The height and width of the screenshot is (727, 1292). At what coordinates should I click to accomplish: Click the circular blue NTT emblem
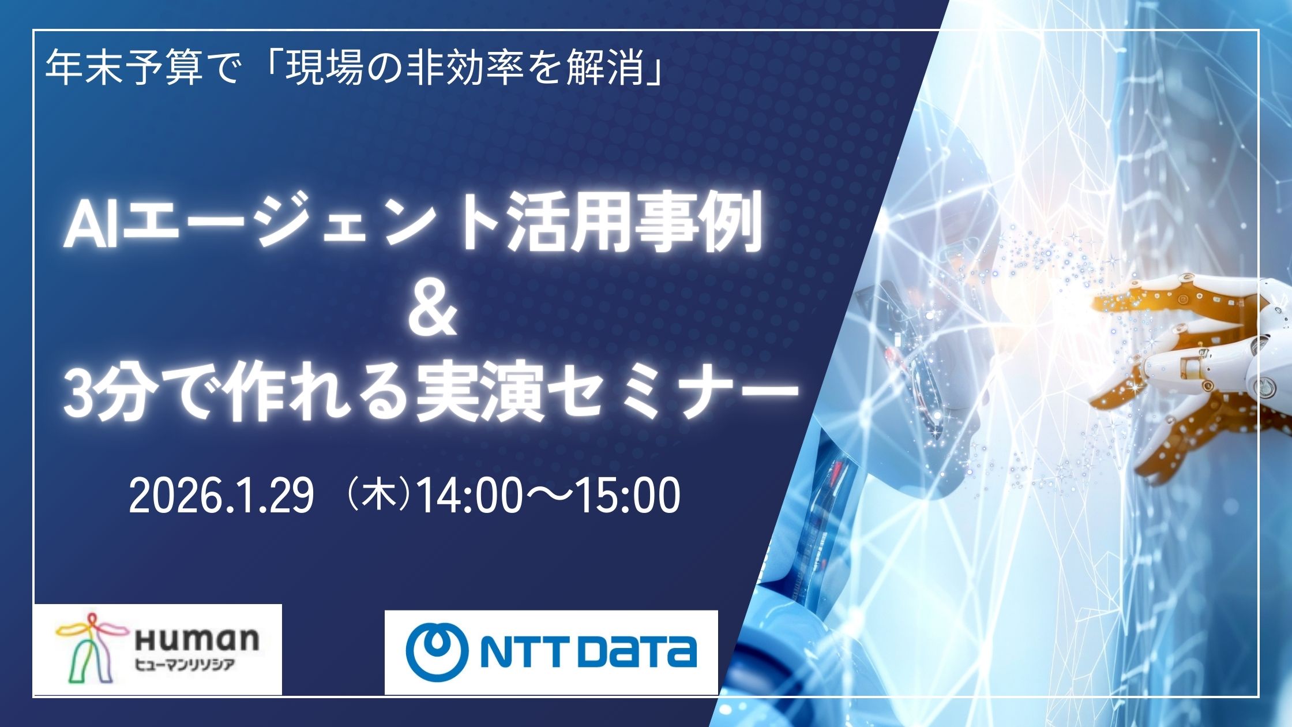438,652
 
